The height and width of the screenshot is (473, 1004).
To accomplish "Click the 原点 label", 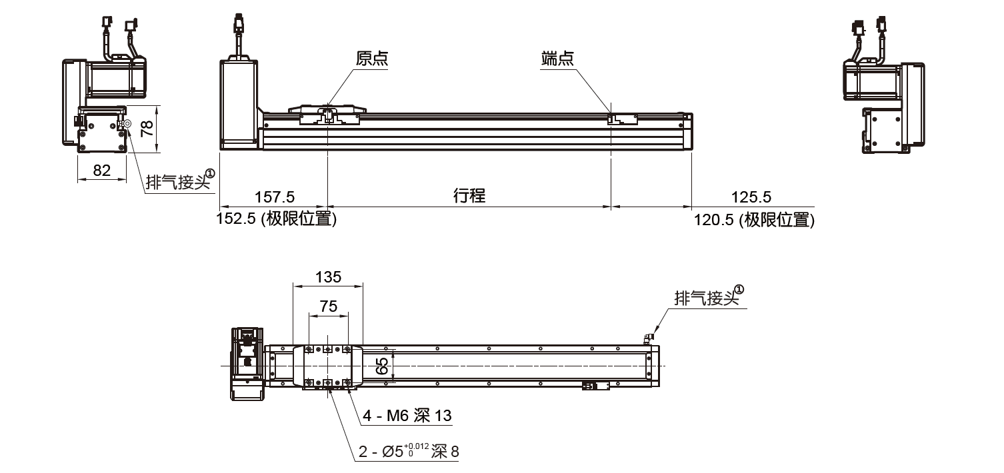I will tap(372, 59).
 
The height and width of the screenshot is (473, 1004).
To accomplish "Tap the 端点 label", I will tap(557, 59).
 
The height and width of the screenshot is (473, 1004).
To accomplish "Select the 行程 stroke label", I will tap(469, 196).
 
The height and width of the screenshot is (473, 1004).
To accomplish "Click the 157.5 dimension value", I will tap(275, 197).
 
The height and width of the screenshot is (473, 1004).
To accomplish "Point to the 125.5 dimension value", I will tap(751, 197).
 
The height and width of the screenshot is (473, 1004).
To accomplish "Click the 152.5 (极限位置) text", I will tap(276, 219).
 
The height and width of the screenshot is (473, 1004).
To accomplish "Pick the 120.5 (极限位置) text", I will tap(754, 220).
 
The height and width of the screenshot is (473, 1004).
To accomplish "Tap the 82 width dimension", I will tap(102, 171).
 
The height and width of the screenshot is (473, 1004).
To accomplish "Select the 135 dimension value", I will tap(327, 276).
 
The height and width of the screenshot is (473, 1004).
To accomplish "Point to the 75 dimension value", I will tap(329, 306).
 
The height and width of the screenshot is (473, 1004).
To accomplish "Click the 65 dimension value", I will tap(382, 366).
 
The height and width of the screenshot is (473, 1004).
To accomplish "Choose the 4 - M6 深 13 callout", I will tap(407, 416).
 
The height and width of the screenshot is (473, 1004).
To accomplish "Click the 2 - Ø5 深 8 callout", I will tap(409, 452).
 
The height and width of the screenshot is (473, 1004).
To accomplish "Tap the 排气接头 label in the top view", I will tap(709, 298).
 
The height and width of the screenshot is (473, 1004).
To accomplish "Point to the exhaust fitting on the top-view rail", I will tap(648, 338).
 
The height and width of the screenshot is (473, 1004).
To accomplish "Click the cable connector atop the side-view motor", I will tap(239, 27).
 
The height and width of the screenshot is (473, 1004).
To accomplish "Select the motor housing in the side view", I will tap(239, 103).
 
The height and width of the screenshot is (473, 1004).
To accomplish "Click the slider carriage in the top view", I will tap(327, 366).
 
